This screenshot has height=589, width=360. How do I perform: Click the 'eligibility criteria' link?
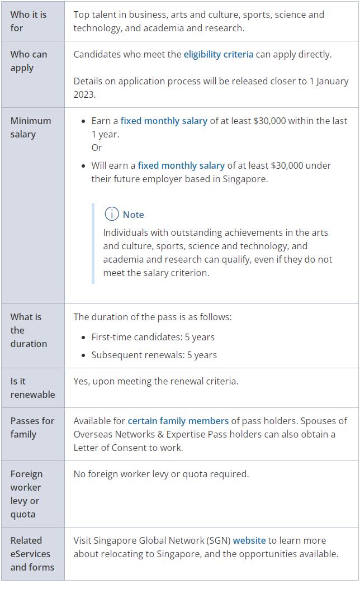pyautogui.click(x=218, y=54)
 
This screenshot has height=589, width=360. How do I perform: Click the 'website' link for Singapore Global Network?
pyautogui.click(x=249, y=540)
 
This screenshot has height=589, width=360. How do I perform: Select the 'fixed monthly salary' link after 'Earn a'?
pyautogui.click(x=164, y=121)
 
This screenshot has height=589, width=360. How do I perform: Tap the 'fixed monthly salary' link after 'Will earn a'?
pyautogui.click(x=181, y=165)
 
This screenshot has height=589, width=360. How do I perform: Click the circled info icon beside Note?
pyautogui.click(x=112, y=214)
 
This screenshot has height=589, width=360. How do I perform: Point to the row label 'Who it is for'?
pyautogui.click(x=29, y=21)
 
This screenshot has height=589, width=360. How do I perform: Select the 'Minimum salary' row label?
pyautogui.click(x=30, y=127)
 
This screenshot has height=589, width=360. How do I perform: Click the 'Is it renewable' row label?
pyautogui.click(x=32, y=388)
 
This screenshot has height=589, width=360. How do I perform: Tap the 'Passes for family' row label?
pyautogui.click(x=32, y=427)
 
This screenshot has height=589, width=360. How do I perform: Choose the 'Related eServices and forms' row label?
pyautogui.click(x=32, y=554)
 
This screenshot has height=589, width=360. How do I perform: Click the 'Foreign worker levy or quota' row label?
pyautogui.click(x=26, y=494)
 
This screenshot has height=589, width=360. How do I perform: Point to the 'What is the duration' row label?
pyautogui.click(x=29, y=330)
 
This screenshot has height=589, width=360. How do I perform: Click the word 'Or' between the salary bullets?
pyautogui.click(x=97, y=148)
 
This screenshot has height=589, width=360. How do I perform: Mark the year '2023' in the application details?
pyautogui.click(x=84, y=94)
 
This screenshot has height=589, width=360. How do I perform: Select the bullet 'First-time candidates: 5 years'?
pyautogui.click(x=153, y=337)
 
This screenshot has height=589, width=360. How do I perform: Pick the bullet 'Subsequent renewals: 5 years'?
pyautogui.click(x=154, y=355)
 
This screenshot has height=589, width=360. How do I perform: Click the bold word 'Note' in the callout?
pyautogui.click(x=134, y=215)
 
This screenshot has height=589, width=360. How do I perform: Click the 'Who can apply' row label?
pyautogui.click(x=29, y=61)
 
